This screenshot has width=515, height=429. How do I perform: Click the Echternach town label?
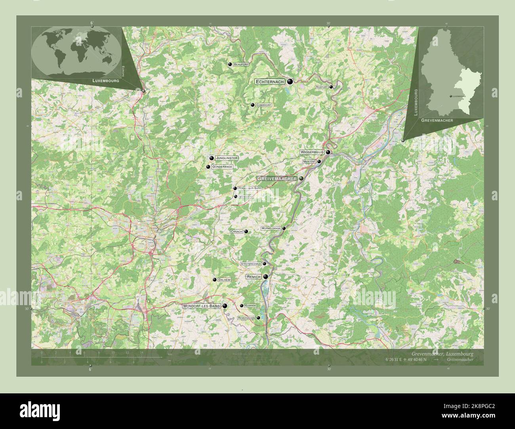pyautogui.click(x=270, y=82)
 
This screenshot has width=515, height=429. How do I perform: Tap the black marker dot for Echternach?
pyautogui.click(x=290, y=82)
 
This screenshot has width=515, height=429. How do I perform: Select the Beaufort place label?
pyautogui.click(x=241, y=64)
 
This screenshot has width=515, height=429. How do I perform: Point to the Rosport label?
pyautogui.click(x=321, y=87)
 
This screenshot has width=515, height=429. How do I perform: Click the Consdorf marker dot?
pyautogui.click(x=252, y=105)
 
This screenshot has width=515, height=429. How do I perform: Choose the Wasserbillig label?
pyautogui.click(x=312, y=152)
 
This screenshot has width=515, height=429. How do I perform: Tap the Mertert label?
pyautogui.click(x=309, y=161)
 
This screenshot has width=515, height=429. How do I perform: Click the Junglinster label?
pyautogui.click(x=227, y=158)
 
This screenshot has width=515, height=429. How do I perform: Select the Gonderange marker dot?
pyautogui.click(x=208, y=167)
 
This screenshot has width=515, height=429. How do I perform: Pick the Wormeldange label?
pyautogui.click(x=271, y=228)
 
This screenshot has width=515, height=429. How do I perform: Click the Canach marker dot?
pyautogui.click(x=246, y=232)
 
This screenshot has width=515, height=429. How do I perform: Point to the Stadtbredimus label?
pyautogui.click(x=250, y=264)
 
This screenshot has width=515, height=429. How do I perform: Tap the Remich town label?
pyautogui.click(x=254, y=277)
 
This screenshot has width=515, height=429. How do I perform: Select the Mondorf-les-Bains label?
pyautogui.click(x=201, y=306)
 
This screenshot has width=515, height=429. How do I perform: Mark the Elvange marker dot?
pyautogui.click(x=241, y=306)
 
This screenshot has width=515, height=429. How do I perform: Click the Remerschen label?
pyautogui.click(x=246, y=318)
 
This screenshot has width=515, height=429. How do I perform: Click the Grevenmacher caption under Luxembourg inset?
pyautogui.click(x=437, y=120)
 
